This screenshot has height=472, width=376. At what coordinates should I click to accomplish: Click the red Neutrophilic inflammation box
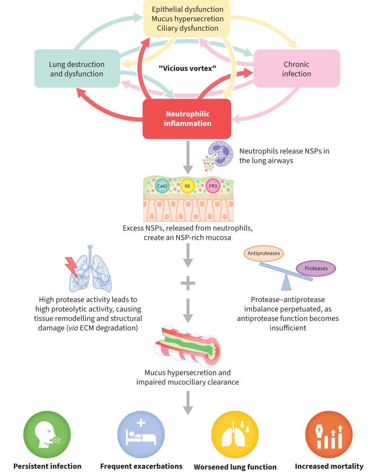point(187,119)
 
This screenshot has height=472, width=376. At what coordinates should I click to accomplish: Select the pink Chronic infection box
point(297,68)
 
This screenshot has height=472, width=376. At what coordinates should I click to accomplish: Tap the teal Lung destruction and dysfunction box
point(76,69)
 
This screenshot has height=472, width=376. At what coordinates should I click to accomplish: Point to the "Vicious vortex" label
point(187,68)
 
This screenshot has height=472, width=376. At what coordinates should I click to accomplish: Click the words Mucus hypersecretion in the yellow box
point(187,19)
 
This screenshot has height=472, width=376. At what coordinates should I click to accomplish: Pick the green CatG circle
point(162,186)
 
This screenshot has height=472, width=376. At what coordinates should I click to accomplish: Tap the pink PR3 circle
point(213,186)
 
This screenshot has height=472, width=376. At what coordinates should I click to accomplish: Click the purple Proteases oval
point(316,268)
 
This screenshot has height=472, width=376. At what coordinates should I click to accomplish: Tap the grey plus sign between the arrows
point(188,284)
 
